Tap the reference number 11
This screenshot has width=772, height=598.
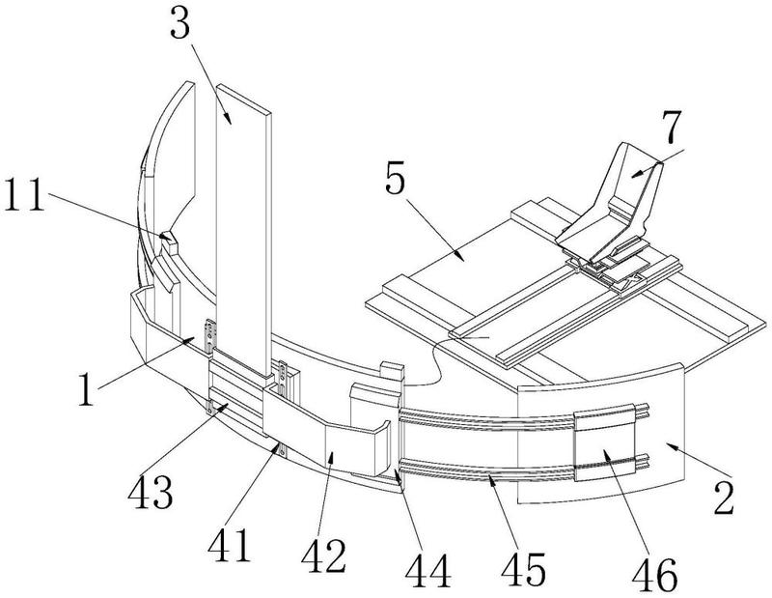tap(25, 195)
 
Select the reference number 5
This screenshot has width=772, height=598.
tap(396, 179)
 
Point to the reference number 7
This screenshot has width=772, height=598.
tap(672, 127)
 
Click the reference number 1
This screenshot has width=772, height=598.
tap(86, 389)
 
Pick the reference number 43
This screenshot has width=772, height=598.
tap(151, 492)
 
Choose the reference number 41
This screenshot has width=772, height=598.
tap(229, 545)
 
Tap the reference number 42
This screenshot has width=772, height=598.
tap(324, 556)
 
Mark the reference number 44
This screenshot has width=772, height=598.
tap(427, 570)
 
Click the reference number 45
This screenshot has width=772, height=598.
tap(523, 568)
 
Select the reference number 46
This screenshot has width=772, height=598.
tap(654, 576)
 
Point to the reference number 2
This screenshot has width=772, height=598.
tap(725, 498)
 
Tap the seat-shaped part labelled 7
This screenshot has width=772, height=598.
tap(611, 207)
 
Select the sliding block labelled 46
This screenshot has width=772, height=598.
tap(604, 442)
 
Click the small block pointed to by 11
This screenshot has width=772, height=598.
tap(167, 238)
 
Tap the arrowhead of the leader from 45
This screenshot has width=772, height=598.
tap(491, 480)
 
